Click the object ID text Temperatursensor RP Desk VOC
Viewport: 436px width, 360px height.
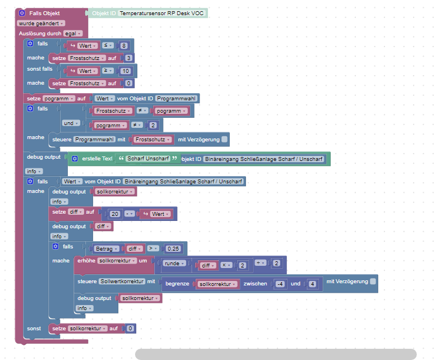(x=161, y=13)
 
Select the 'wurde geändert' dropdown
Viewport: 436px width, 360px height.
(x=41, y=24)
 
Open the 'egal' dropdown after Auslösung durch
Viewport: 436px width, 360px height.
(x=73, y=34)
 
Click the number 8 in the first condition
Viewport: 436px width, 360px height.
(x=124, y=45)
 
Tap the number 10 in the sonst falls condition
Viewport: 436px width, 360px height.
(x=126, y=71)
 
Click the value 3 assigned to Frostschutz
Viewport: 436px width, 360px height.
(x=128, y=58)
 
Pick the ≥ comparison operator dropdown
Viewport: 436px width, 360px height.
(x=108, y=71)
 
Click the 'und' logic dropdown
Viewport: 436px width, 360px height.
(x=71, y=123)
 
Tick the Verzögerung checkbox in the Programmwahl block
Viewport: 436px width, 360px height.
(x=224, y=139)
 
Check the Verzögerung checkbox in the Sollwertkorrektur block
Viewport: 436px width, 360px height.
(x=373, y=281)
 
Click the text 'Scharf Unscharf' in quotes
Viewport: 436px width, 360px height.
(x=148, y=158)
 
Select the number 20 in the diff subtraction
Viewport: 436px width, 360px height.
(x=115, y=214)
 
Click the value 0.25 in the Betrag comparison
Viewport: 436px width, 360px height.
(x=173, y=249)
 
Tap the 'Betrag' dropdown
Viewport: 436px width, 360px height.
(x=106, y=249)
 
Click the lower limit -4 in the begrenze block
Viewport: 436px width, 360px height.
(x=280, y=284)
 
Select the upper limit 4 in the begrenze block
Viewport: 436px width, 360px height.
(x=312, y=284)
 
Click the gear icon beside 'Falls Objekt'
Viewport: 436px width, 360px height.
(x=22, y=13)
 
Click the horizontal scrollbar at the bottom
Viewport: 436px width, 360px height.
(x=276, y=354)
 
